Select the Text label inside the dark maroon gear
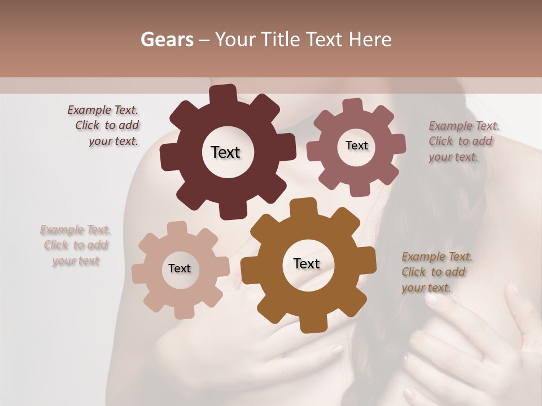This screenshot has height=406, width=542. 225,152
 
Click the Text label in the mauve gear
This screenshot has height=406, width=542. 356,145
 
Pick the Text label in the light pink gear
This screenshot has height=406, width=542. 180,268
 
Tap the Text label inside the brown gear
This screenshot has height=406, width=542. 307,263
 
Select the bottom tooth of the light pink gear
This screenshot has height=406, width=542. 181,311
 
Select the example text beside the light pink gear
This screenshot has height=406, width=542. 76,245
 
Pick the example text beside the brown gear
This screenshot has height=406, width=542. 436,272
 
